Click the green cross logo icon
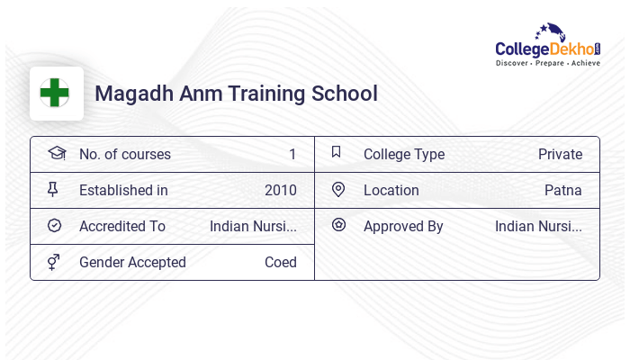click(55, 93)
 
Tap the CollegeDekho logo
click(547, 46)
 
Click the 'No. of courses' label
click(124, 154)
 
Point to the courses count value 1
click(292, 154)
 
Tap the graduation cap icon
click(56, 153)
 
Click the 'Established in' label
click(123, 190)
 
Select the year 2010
click(281, 190)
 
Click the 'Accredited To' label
click(122, 226)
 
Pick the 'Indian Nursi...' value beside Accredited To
click(253, 226)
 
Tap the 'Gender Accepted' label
click(132, 262)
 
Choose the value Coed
click(281, 262)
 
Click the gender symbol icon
click(54, 262)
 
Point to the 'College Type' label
click(404, 154)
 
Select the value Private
click(560, 154)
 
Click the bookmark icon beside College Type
click(337, 152)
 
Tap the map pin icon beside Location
click(338, 189)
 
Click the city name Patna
click(563, 190)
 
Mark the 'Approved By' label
click(403, 226)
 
